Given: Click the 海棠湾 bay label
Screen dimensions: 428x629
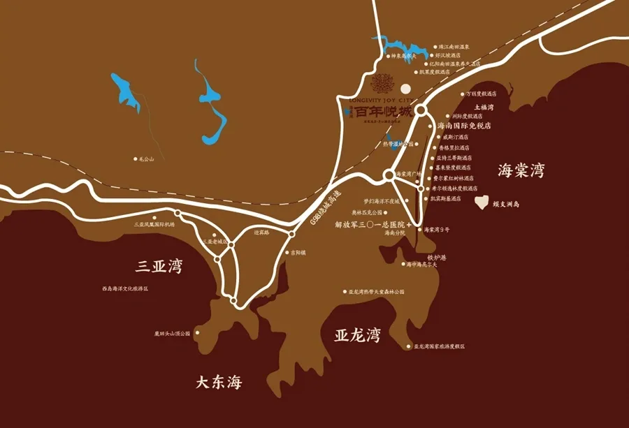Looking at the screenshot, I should click(x=521, y=170).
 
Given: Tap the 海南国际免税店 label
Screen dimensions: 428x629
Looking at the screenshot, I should click(x=464, y=126).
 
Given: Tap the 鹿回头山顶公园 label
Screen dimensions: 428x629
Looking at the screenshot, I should click(x=172, y=333).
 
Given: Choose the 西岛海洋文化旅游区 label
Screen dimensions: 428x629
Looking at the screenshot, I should click(x=125, y=288).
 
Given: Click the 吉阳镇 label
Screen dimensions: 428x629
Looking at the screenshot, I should click(x=298, y=253).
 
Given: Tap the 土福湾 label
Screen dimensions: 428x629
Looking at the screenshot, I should click(x=484, y=108).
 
